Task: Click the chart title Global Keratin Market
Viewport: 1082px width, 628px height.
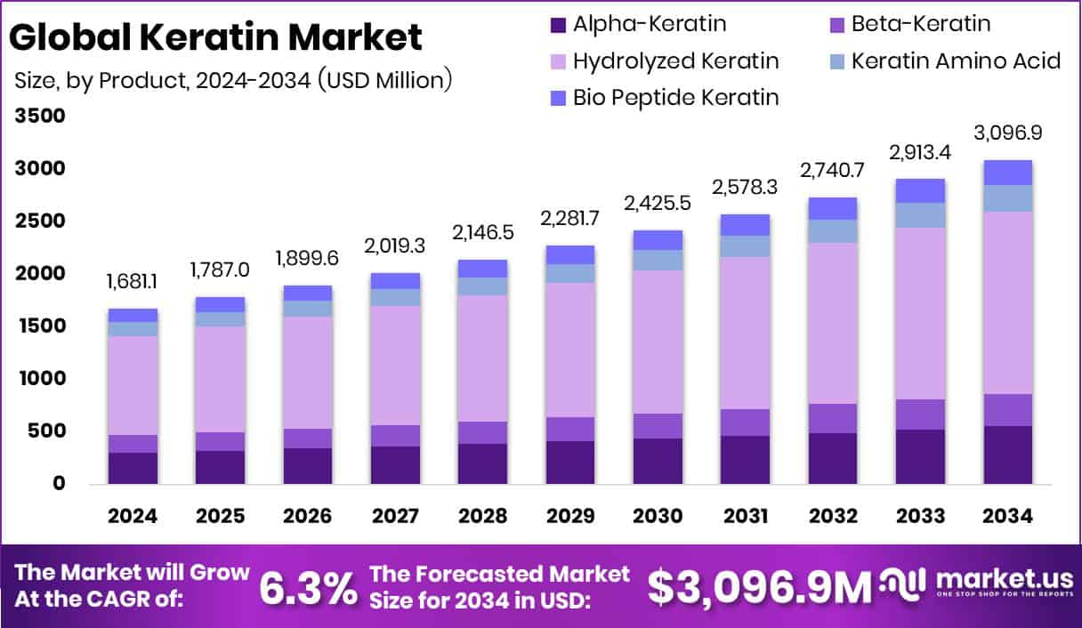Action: click(x=216, y=36)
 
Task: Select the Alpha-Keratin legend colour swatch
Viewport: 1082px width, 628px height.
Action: click(x=558, y=24)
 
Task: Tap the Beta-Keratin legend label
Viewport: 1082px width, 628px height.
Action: click(x=920, y=24)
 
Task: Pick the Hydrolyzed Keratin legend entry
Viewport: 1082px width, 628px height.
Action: click(x=675, y=60)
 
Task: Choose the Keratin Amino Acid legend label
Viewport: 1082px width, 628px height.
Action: click(x=956, y=60)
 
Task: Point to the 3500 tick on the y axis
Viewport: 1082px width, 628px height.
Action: click(x=40, y=117)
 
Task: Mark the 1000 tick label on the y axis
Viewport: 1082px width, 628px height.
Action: click(x=40, y=379)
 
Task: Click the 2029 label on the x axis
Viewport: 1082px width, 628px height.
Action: click(x=570, y=517)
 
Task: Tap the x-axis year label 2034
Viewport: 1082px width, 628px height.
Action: click(x=1008, y=517)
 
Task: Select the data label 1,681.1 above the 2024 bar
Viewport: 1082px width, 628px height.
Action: click(x=133, y=283)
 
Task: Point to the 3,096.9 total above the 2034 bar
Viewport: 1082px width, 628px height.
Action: click(x=1008, y=133)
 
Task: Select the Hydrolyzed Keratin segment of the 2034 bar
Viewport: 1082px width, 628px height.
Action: click(x=1008, y=302)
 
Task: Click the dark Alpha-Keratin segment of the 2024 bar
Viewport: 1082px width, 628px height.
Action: click(x=133, y=468)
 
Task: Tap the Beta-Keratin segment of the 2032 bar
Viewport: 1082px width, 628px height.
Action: click(x=833, y=418)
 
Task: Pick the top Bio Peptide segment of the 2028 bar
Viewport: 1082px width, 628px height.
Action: click(x=482, y=269)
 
